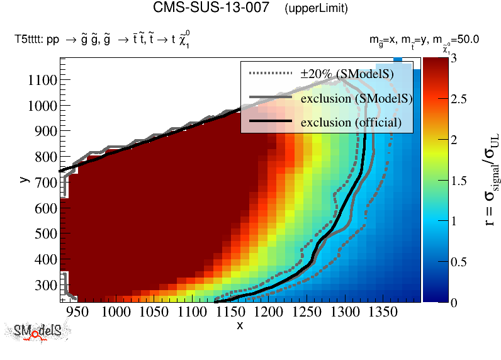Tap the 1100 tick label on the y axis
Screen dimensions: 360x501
point(42,80)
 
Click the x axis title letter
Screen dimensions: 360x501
point(240,325)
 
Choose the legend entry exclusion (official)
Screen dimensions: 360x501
point(351,121)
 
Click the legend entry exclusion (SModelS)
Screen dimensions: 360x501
point(356,98)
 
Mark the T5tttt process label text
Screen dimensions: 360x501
point(103,40)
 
